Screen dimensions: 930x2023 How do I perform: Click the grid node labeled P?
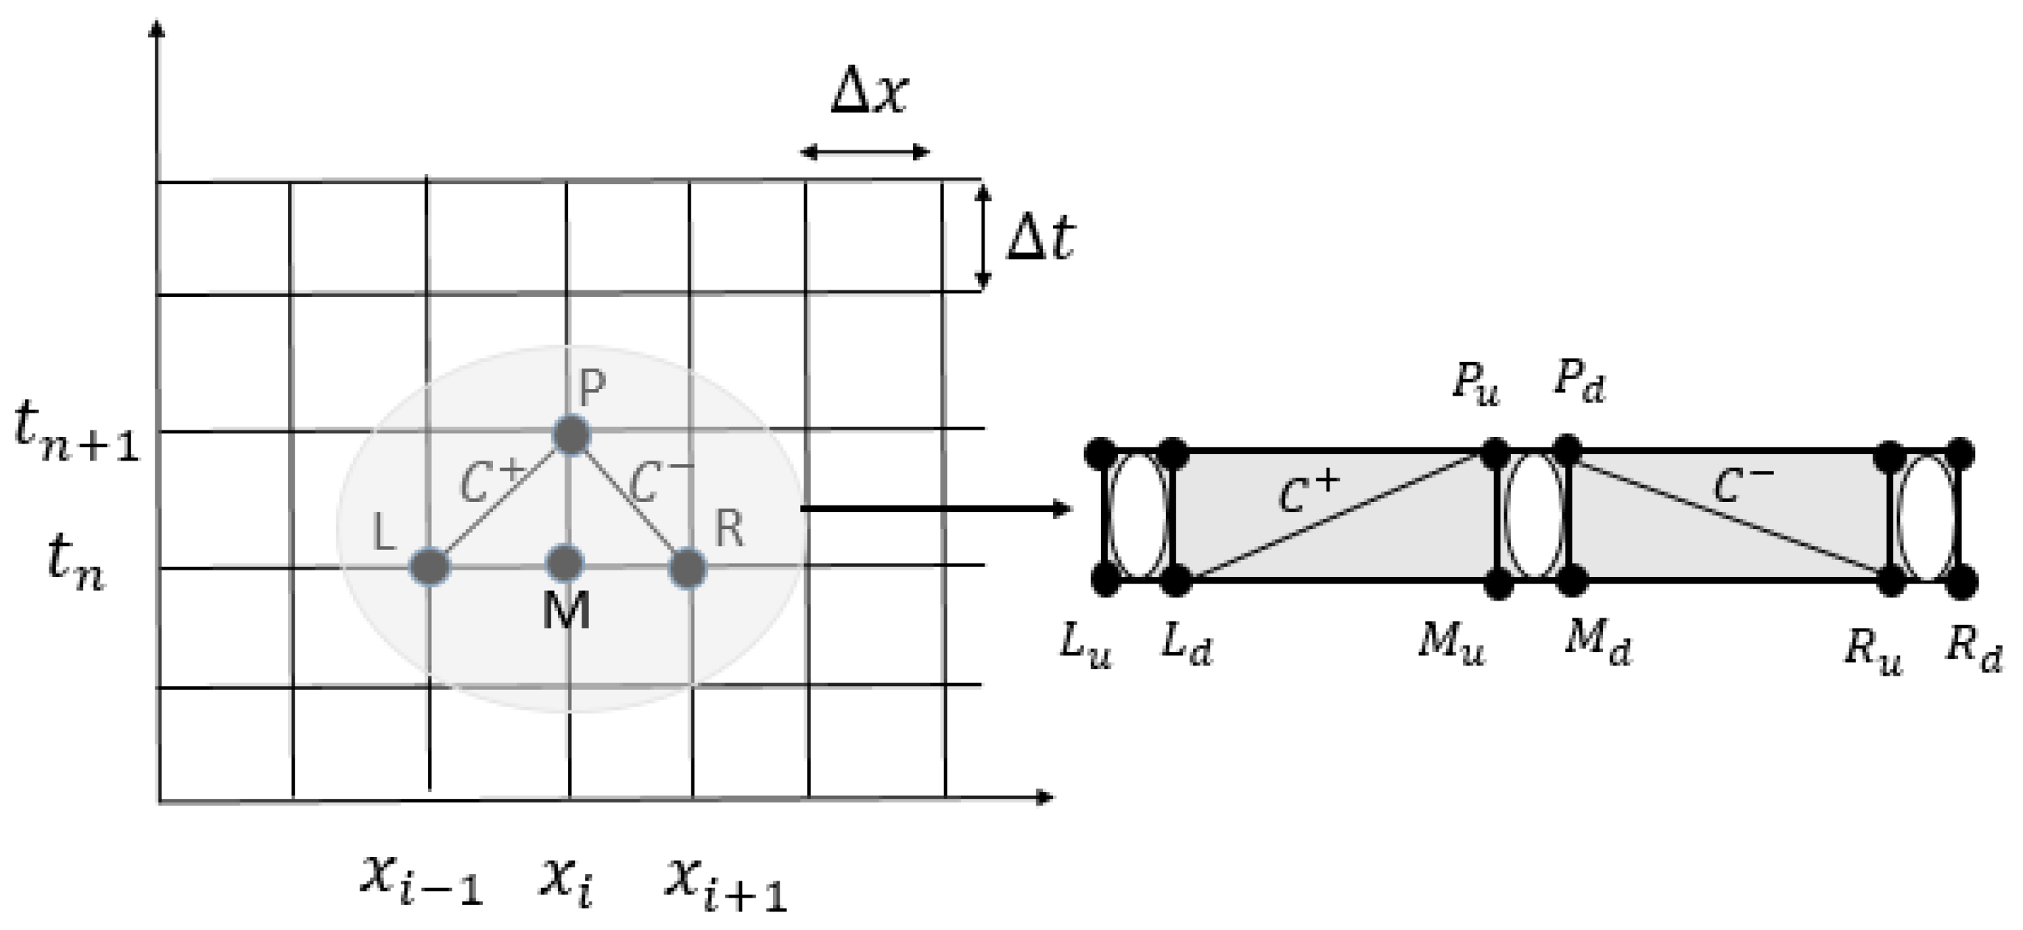pos(571,434)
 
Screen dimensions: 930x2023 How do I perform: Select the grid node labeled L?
pos(430,565)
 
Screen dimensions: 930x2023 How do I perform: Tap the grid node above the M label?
pos(565,562)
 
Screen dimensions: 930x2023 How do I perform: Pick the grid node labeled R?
pos(688,567)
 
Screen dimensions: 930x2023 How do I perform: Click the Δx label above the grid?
pos(869,97)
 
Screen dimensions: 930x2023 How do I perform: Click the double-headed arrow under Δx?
pos(864,153)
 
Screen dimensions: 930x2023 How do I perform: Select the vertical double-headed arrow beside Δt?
pos(982,237)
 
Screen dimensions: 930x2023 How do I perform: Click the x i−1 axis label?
pos(420,879)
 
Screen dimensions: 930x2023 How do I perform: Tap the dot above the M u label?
pos(1497,583)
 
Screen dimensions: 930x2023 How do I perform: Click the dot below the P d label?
pos(1568,450)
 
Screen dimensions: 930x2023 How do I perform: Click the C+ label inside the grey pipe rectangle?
pos(1308,492)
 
